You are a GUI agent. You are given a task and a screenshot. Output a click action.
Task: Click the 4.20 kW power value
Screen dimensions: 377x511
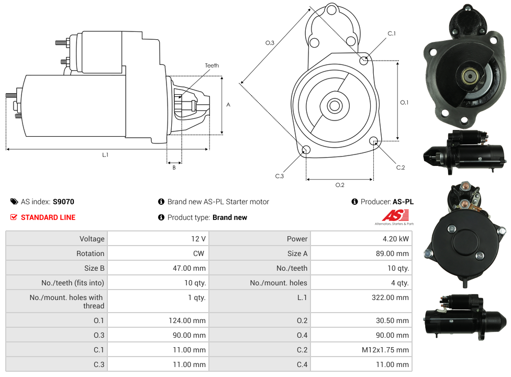pos(395,239)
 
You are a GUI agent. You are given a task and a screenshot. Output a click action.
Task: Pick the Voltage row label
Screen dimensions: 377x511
pos(92,239)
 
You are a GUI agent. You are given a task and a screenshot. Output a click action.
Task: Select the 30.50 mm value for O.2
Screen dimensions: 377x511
pos(392,320)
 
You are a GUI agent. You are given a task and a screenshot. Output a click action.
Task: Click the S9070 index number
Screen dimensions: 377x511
pos(63,202)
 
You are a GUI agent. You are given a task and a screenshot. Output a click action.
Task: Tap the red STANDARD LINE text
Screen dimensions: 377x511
pos(48,217)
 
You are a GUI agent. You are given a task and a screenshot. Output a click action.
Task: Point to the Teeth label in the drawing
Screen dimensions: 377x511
pos(212,65)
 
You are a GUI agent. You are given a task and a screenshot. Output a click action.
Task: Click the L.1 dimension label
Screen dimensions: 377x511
pos(105,155)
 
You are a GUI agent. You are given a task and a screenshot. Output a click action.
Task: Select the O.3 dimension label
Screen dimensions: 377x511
pos(270,43)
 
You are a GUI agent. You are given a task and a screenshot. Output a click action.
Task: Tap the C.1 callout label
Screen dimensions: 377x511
pos(392,34)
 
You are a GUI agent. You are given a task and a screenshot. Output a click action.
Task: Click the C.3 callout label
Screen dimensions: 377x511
pos(279,176)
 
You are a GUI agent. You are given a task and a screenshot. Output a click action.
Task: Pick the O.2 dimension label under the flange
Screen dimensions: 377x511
pos(340,185)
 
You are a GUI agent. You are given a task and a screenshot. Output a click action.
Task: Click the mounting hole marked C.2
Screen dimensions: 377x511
pos(374,141)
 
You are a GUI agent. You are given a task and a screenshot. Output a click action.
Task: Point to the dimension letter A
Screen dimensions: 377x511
pos(228,105)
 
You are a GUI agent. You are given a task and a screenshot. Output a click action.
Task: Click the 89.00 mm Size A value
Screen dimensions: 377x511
pos(392,253)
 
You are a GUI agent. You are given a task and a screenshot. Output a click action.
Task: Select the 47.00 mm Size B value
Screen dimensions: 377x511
pos(190,268)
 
